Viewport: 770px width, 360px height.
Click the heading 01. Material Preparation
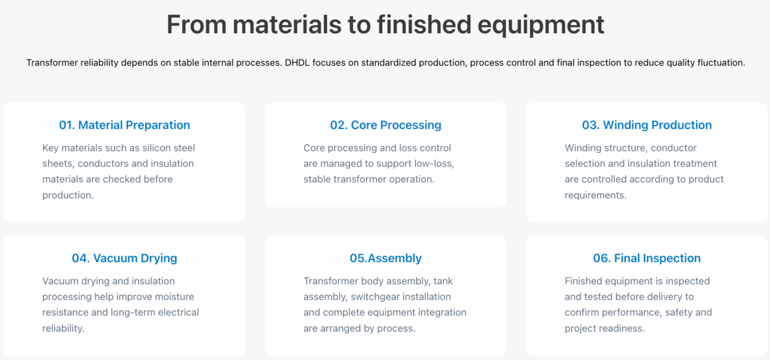click(124, 125)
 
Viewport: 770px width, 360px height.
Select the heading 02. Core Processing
click(386, 125)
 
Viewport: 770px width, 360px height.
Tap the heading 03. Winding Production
click(647, 125)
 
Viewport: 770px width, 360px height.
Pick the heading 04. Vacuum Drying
click(124, 258)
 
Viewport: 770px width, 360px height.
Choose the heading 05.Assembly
click(386, 258)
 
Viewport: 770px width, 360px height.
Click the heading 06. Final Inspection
click(647, 258)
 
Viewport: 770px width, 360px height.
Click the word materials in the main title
click(287, 24)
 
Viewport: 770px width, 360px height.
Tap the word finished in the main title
click(424, 24)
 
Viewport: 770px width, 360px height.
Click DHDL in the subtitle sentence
click(297, 63)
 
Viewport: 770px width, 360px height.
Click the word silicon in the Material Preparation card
click(158, 148)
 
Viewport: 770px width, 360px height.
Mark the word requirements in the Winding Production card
click(596, 195)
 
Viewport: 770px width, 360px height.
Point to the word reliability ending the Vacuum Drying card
click(63, 329)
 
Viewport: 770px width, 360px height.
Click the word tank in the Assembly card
click(443, 281)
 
